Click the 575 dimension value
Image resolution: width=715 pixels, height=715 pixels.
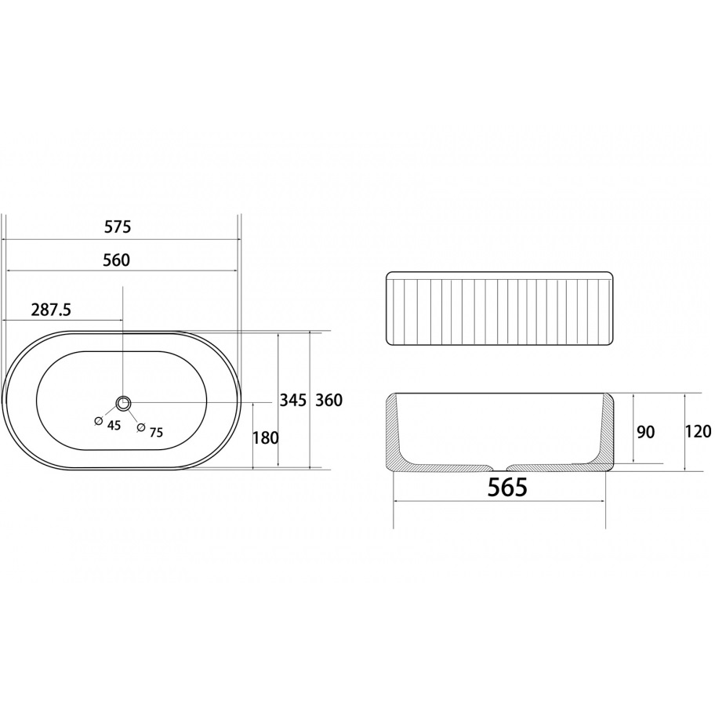click(118, 227)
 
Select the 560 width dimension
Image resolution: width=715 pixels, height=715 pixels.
click(116, 260)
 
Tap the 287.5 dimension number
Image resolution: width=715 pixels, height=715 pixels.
click(51, 310)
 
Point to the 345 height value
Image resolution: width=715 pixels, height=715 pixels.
click(292, 401)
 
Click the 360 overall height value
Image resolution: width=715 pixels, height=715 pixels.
click(328, 400)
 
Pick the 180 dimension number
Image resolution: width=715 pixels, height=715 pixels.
click(265, 437)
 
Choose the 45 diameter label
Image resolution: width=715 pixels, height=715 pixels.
click(114, 425)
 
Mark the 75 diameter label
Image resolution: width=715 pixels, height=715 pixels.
click(156, 432)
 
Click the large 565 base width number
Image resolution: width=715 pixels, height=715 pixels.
click(507, 488)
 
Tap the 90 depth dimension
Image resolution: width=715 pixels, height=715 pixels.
click(646, 432)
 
